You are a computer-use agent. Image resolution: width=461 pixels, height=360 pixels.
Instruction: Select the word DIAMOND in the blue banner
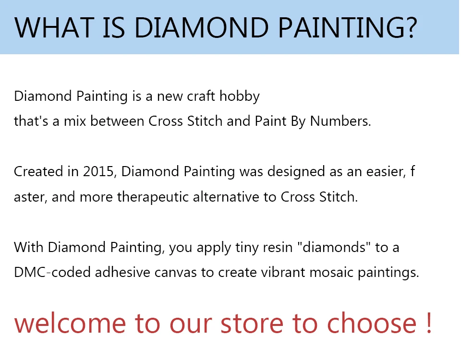(202, 28)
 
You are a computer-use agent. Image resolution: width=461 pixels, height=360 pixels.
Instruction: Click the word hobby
(240, 96)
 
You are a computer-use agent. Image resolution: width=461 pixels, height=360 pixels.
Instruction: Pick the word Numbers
(340, 121)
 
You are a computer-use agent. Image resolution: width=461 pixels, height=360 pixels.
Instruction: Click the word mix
(75, 121)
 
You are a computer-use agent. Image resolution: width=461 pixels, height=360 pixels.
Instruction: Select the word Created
(38, 171)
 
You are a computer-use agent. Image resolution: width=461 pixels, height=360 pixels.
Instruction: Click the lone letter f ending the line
(412, 171)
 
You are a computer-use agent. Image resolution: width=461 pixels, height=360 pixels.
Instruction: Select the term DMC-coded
(52, 272)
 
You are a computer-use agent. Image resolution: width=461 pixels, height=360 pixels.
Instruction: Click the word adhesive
(122, 272)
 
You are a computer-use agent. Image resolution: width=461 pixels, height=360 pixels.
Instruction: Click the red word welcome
(70, 323)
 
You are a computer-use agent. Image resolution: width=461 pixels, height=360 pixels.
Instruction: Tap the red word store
(252, 324)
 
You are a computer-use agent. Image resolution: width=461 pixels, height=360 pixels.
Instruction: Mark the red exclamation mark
(429, 323)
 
